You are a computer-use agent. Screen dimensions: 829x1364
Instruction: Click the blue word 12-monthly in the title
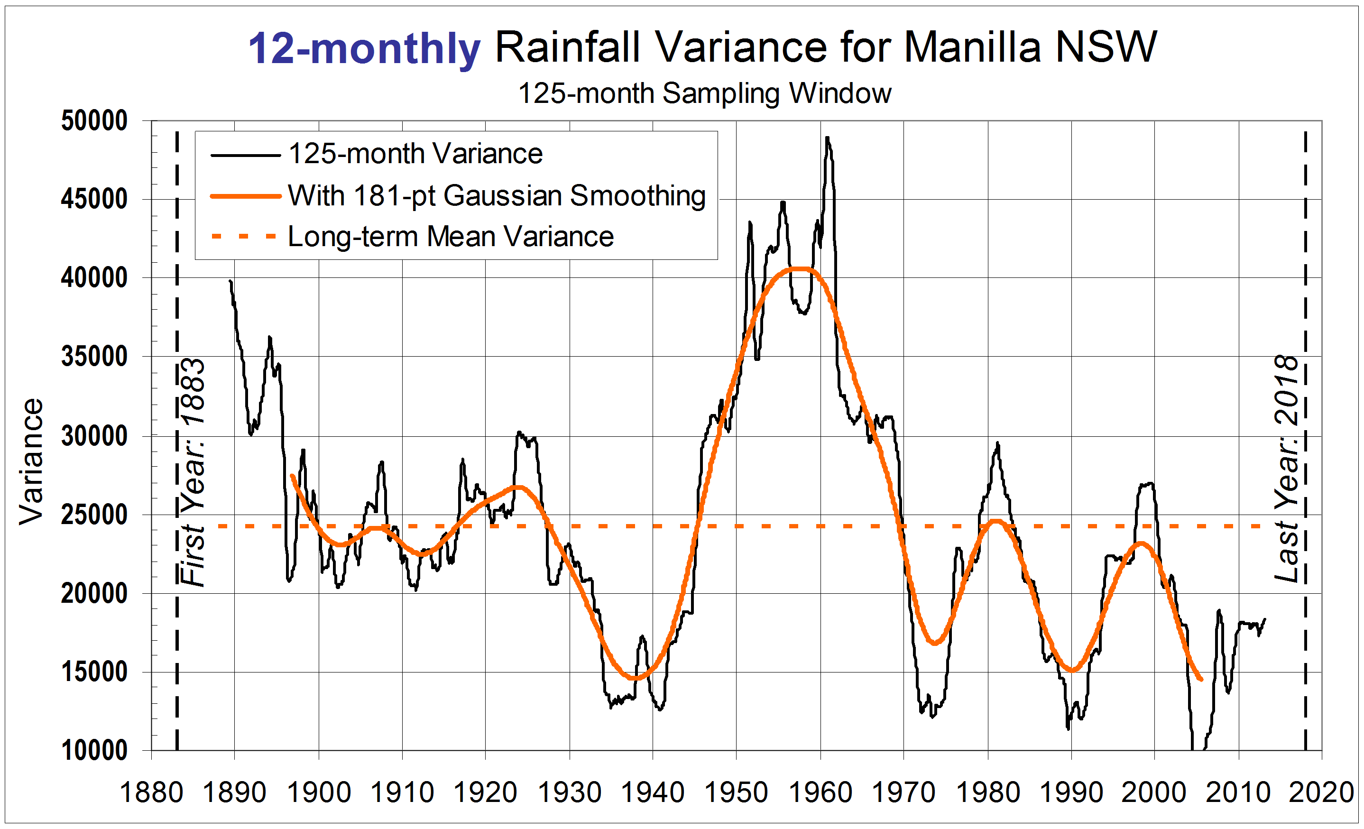(364, 48)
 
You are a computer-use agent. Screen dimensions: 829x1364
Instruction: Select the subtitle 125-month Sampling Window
(704, 93)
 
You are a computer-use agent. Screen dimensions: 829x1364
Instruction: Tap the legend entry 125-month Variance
(415, 153)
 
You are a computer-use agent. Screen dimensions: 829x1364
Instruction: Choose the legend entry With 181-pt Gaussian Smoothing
(497, 195)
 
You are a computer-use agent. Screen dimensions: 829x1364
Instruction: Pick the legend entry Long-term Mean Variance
(451, 236)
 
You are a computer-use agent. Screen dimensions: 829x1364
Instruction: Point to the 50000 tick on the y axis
(94, 120)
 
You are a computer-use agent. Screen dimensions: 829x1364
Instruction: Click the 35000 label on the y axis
(94, 356)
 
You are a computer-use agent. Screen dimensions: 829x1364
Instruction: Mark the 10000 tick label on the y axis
(94, 750)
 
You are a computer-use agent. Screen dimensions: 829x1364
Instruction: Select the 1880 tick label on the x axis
(151, 792)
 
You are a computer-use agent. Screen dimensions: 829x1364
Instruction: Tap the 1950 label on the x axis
(736, 792)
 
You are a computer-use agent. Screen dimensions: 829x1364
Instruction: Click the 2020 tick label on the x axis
(1321, 792)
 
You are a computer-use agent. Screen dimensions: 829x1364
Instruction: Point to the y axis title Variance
(31, 461)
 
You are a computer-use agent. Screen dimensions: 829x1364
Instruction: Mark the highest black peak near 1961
(827, 138)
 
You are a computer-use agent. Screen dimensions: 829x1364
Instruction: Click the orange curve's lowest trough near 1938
(636, 678)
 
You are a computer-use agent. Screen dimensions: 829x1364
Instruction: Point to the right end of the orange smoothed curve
(1201, 680)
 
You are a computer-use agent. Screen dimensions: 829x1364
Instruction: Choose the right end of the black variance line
(1265, 619)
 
